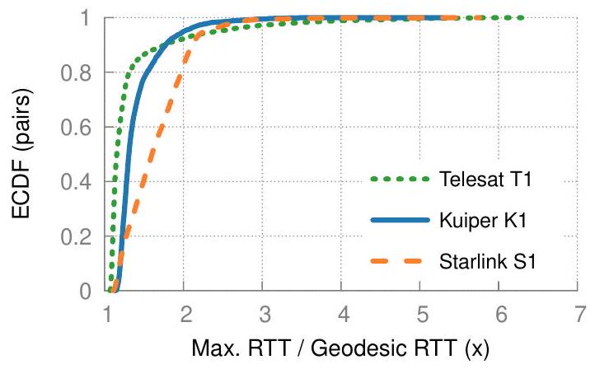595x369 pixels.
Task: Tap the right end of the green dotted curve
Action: pyautogui.click(x=522, y=17)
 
